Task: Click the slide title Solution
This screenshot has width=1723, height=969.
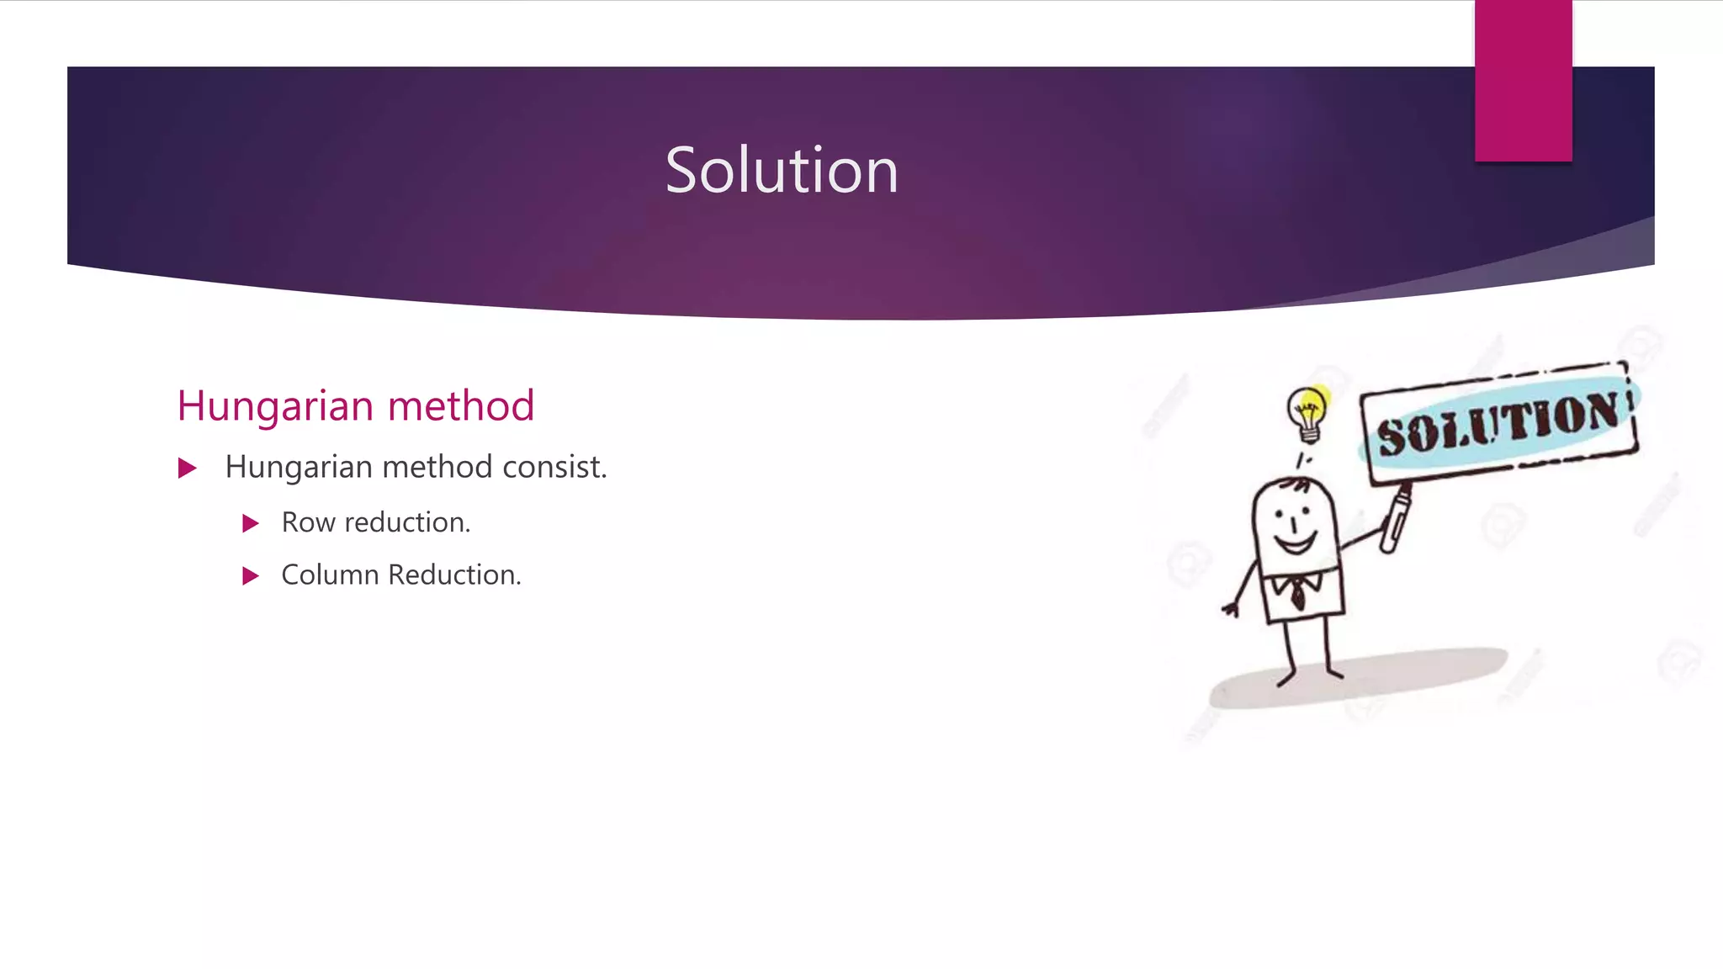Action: pos(782,170)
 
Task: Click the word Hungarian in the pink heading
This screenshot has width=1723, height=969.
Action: pos(275,406)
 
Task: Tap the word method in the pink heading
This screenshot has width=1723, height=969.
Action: pos(461,406)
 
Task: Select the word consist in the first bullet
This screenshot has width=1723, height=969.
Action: pos(554,467)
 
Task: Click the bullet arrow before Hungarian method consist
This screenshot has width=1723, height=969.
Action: pos(188,469)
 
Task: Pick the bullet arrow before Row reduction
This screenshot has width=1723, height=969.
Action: pos(250,524)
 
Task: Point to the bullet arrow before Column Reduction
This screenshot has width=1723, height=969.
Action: pos(250,576)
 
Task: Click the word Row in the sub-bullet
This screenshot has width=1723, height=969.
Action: pos(308,522)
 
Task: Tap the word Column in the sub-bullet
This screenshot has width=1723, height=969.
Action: pos(330,575)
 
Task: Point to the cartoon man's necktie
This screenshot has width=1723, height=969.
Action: pos(1298,593)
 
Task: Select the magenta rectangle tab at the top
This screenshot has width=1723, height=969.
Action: pos(1523,81)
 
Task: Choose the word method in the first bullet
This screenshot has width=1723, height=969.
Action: pos(437,467)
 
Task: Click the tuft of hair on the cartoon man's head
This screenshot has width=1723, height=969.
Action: pos(1298,484)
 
